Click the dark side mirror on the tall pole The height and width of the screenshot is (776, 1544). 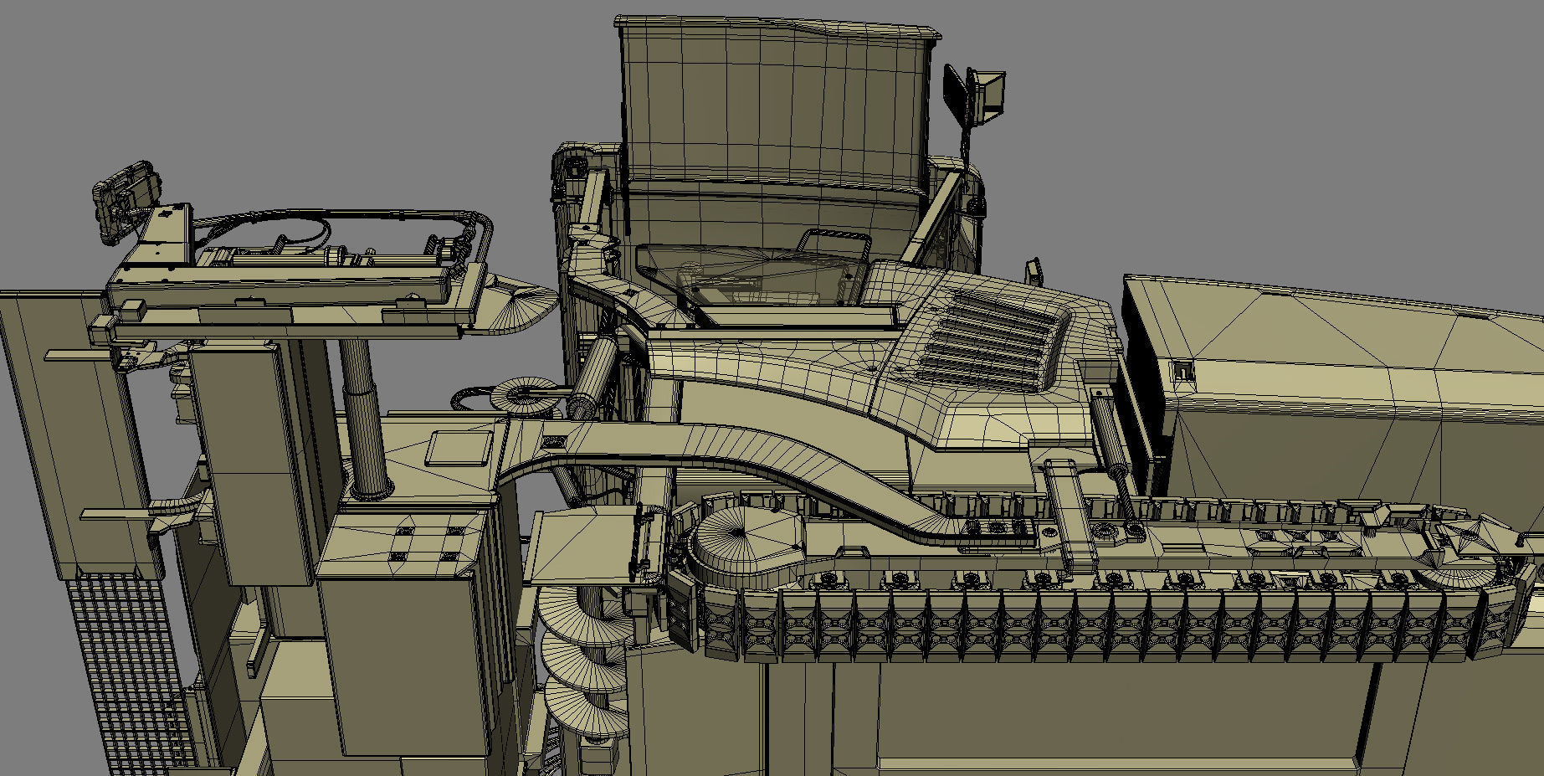coord(957,95)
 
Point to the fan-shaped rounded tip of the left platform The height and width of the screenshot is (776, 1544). coord(523,297)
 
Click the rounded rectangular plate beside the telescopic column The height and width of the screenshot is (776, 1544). coord(458,449)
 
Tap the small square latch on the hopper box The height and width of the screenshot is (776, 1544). coord(1182,371)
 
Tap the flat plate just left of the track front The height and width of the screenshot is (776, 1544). coord(577,548)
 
